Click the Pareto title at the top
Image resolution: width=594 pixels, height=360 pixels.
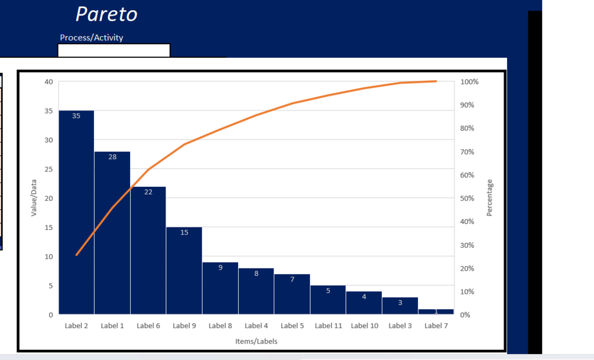pos(106,14)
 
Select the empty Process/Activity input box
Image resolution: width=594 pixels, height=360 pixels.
pos(113,50)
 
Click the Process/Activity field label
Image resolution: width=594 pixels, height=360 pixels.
pos(92,38)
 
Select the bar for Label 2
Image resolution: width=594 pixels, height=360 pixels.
pos(76,213)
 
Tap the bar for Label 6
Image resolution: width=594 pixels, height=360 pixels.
pos(148,251)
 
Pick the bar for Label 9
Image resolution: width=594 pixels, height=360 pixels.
pos(184,271)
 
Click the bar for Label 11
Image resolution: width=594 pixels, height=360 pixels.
pos(328,300)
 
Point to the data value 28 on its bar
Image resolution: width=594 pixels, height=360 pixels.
pos(112,157)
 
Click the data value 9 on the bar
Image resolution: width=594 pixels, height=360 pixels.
pos(220,268)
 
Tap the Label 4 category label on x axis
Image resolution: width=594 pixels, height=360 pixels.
pos(257,326)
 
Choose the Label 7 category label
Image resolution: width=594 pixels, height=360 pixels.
pos(436,326)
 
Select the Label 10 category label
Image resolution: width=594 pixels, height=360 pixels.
pos(365,326)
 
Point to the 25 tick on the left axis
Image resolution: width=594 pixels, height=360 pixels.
pos(49,169)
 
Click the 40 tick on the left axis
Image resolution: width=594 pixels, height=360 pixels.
pos(49,82)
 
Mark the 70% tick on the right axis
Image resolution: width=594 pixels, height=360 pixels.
pos(468,152)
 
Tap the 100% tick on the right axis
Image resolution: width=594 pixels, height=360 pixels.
pos(469,82)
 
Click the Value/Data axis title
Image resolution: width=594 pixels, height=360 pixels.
pos(34,197)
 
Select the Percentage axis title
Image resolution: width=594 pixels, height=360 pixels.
pos(489,198)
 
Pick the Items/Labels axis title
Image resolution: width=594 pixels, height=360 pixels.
pos(256,341)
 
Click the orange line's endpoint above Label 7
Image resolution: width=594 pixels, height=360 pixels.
pos(436,81)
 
